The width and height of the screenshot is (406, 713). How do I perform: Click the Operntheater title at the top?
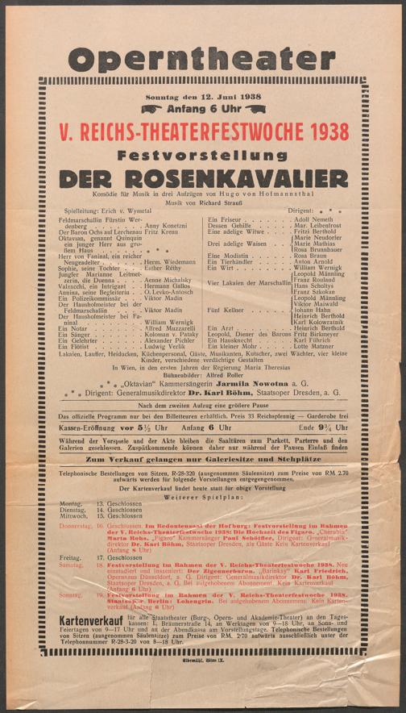(202, 57)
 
